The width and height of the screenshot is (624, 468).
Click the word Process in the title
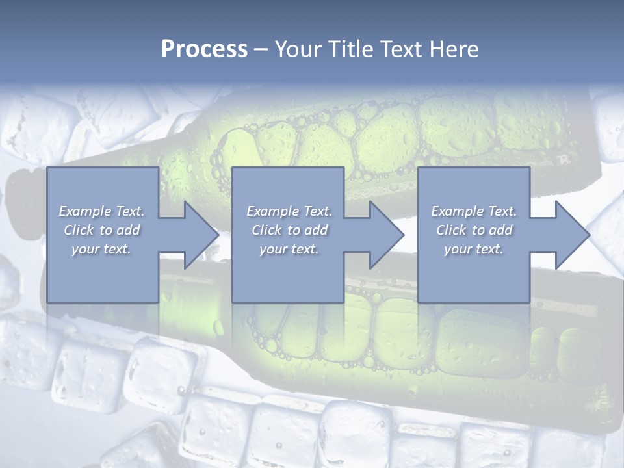[204, 49]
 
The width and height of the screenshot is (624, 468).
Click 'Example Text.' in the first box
[101, 211]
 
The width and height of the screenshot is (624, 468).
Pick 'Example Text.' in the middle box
[289, 211]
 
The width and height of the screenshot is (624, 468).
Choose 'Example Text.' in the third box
[474, 211]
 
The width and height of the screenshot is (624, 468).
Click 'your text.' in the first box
[101, 249]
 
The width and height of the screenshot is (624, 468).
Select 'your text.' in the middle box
[289, 249]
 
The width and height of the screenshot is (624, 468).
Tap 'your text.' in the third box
[474, 249]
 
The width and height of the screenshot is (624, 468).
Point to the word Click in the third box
[452, 230]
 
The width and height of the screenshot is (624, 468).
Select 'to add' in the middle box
[308, 230]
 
